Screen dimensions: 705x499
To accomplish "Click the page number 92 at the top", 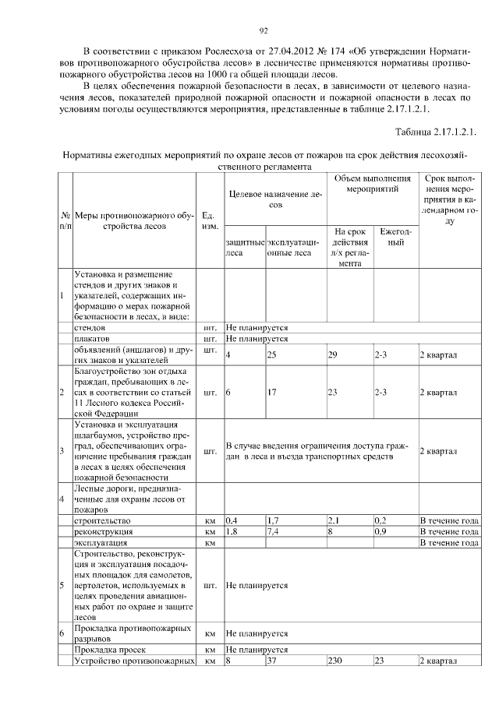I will [264, 30].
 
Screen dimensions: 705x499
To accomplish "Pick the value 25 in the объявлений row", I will [272, 355].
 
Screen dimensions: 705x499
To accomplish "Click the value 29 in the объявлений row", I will [333, 355].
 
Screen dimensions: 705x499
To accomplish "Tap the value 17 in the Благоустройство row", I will [272, 393].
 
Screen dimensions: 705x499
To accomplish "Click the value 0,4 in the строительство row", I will [232, 520].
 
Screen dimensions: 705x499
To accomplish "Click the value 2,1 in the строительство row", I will [334, 520].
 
